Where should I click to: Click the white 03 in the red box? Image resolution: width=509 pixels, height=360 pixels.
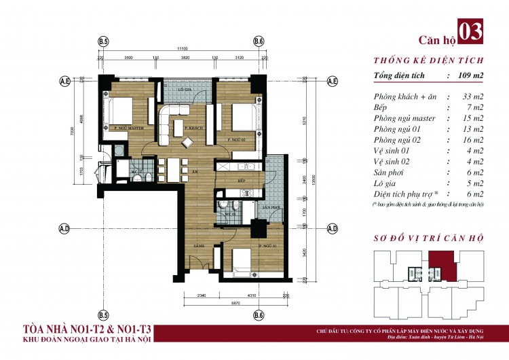point(472,31)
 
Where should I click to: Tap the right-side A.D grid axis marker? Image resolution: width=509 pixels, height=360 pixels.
point(333,228)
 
